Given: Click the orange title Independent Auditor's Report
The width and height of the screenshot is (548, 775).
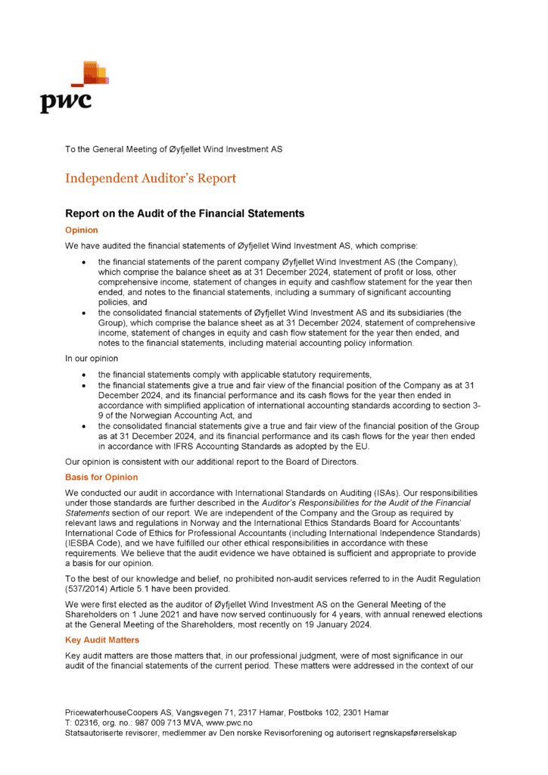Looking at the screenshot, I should (151, 179).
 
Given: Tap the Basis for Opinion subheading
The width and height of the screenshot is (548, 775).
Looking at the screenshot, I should (101, 477).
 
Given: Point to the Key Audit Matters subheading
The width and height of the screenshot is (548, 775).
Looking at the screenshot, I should (102, 640).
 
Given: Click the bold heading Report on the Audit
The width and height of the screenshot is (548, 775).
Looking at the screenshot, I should (185, 213).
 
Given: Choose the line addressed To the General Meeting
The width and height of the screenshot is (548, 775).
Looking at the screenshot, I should (173, 149).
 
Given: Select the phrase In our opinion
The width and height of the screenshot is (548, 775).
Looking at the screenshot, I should (92, 358).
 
